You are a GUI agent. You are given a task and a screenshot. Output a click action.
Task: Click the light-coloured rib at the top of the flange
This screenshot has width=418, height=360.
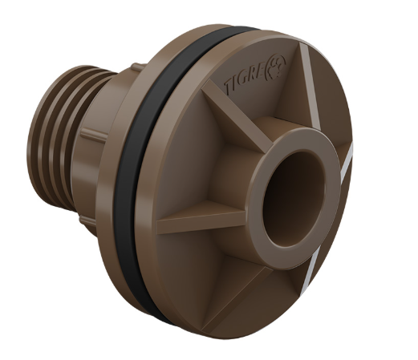pos(310,86)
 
